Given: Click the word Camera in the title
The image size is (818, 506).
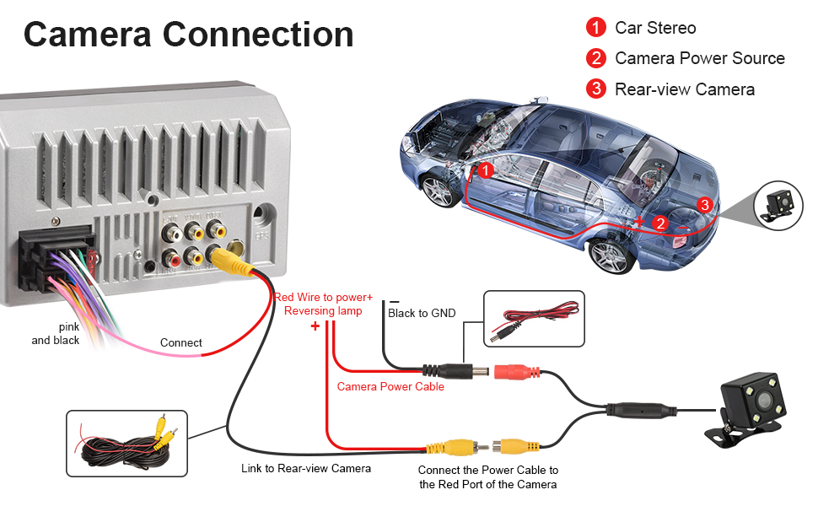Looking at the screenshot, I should click(86, 35).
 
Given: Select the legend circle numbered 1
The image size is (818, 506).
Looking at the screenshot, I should click(596, 28).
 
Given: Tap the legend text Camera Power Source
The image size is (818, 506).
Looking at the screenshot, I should click(700, 58).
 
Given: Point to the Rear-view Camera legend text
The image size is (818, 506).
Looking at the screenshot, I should click(685, 89).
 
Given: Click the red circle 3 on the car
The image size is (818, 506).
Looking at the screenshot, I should click(705, 204).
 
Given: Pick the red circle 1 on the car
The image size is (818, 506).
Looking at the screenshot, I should click(485, 170).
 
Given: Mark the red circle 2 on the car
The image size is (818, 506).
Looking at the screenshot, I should click(662, 223).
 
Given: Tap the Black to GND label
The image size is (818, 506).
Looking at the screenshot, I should click(422, 314).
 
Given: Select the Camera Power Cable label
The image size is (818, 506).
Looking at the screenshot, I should click(390, 387).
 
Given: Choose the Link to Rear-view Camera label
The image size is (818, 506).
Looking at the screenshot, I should click(306, 469).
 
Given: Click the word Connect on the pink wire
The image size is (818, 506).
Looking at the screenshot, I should click(181, 343).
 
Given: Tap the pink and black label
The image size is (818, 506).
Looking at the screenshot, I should click(56, 334).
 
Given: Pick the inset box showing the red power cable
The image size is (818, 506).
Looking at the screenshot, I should click(534, 320).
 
